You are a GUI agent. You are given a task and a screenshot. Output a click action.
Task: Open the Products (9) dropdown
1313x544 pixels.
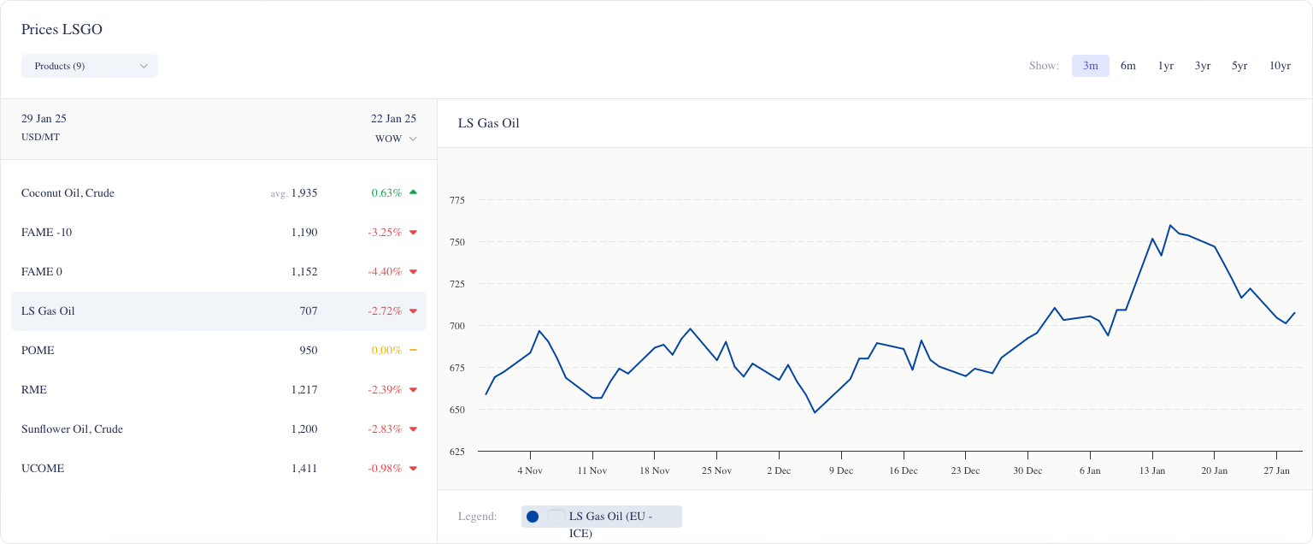point(90,66)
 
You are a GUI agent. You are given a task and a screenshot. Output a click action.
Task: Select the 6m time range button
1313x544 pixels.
point(1128,66)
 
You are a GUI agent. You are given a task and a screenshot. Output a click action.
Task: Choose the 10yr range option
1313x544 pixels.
point(1280,66)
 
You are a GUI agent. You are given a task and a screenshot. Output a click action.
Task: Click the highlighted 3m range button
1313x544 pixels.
point(1091,66)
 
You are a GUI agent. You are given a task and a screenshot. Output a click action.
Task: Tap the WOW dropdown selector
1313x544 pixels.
point(396,139)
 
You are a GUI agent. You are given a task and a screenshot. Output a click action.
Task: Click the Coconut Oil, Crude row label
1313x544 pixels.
point(68,193)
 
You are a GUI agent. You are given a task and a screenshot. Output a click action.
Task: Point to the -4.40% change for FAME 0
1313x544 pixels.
point(385,272)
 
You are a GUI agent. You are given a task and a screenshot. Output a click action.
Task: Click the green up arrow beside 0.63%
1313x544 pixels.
point(413,192)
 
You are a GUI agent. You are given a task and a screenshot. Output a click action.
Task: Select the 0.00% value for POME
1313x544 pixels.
point(386,351)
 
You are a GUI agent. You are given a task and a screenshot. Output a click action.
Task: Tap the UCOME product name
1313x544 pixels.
point(43,469)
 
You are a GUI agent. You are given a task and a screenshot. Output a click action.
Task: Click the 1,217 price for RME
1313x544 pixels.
point(303,390)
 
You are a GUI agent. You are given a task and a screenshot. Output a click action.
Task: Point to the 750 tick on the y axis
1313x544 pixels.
point(456,242)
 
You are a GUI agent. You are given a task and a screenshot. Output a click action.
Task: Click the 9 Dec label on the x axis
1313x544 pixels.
point(840,470)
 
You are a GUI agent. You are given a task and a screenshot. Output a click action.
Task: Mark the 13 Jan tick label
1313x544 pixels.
point(1151,470)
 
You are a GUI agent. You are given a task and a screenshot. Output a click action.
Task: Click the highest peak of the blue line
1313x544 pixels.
point(1170,226)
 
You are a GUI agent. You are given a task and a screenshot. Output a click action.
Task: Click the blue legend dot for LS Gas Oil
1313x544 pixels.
point(533,517)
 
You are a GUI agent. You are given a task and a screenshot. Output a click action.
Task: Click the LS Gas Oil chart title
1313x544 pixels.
point(488,123)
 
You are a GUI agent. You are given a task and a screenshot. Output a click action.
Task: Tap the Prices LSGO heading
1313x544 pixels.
point(62,29)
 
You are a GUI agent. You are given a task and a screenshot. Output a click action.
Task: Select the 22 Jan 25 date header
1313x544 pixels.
point(393,119)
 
